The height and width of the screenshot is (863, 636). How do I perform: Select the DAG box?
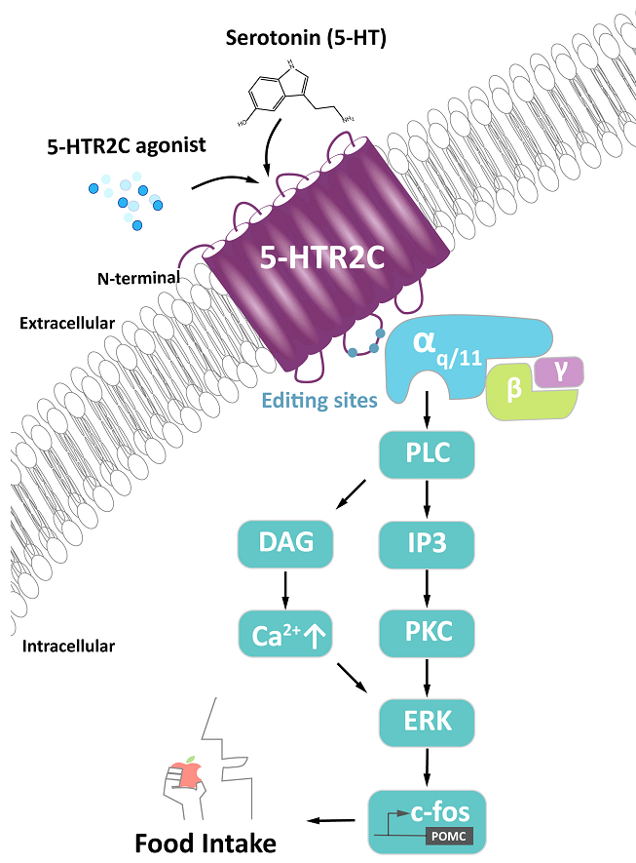284,543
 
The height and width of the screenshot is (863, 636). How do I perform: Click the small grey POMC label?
454,836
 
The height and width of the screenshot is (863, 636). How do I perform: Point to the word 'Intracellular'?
67,646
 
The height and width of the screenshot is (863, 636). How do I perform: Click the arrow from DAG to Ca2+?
285,587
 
